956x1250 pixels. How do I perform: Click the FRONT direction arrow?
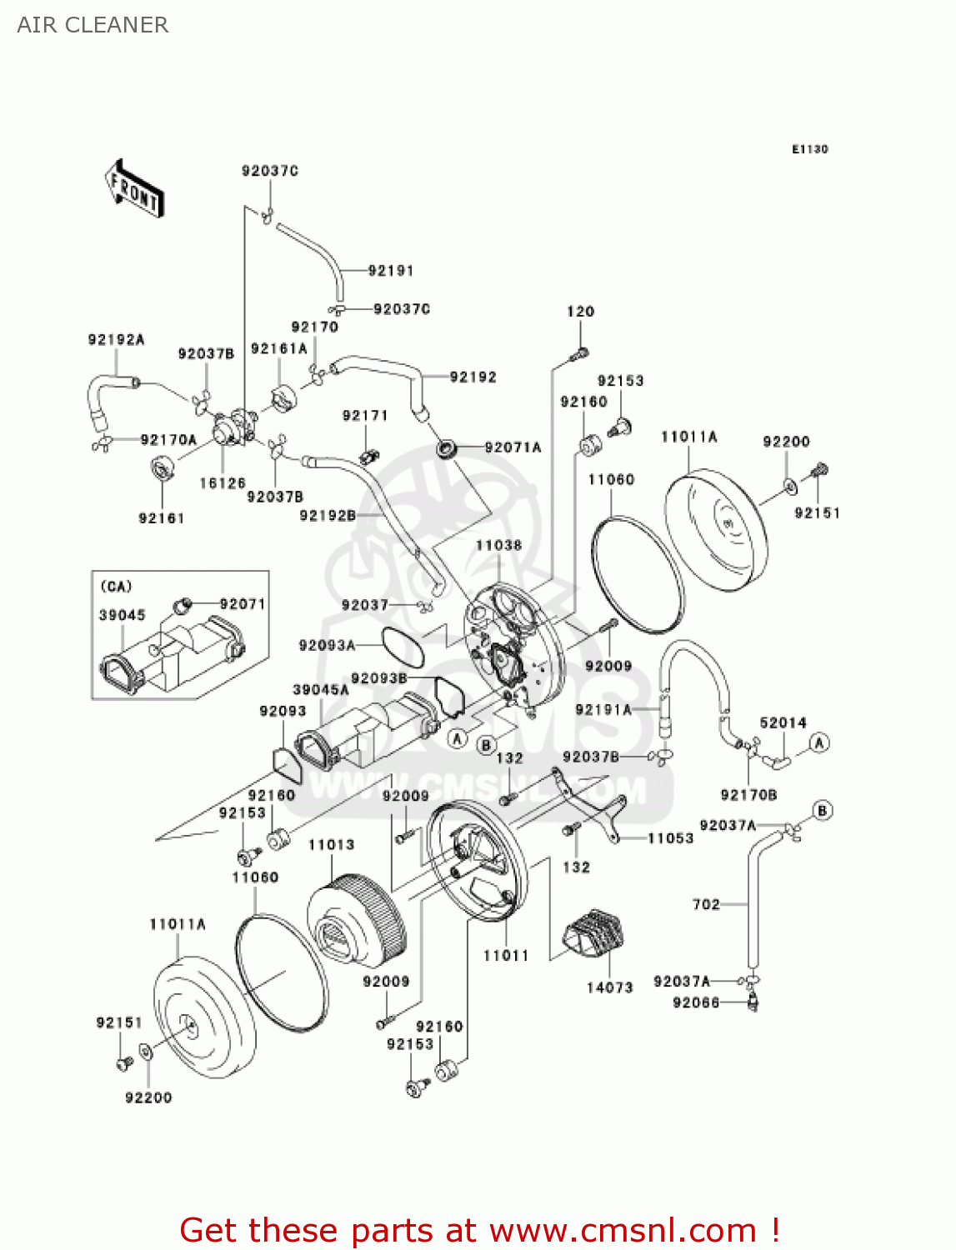[134, 188]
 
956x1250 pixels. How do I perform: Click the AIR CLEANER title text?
[93, 25]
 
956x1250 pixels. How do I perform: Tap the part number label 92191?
[390, 271]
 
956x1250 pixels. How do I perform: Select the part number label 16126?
[223, 483]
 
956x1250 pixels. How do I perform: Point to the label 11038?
[498, 546]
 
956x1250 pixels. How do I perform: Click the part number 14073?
[609, 987]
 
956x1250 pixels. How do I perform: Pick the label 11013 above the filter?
[331, 845]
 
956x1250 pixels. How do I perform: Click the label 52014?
[783, 723]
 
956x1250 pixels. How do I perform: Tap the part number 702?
[706, 904]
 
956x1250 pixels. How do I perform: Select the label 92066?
[696, 1002]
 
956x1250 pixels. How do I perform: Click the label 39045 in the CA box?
[123, 615]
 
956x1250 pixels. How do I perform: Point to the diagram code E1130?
[809, 149]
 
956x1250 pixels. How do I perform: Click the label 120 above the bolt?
[580, 312]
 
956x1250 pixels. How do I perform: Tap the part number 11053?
[670, 838]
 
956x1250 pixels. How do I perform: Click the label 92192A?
[116, 340]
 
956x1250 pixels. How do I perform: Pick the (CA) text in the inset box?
[116, 587]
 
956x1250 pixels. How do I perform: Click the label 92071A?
[513, 447]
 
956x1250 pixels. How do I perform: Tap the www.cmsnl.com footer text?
[622, 1231]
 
